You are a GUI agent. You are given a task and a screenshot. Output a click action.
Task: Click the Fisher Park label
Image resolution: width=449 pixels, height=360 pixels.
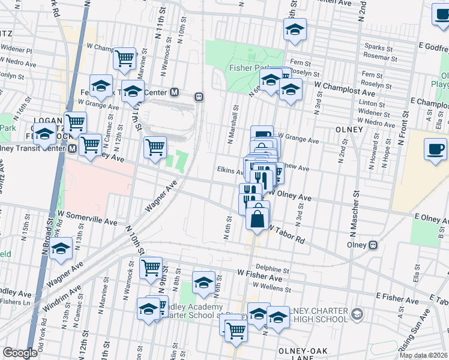(247, 68)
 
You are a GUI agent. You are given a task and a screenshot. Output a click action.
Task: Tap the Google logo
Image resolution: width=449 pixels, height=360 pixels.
(19, 353)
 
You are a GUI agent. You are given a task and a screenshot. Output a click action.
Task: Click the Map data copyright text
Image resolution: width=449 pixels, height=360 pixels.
(423, 355)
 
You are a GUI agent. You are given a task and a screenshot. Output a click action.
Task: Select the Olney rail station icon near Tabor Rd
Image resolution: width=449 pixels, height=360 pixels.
(373, 245)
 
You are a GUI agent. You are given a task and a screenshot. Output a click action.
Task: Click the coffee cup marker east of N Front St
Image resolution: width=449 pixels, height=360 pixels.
(435, 148)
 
